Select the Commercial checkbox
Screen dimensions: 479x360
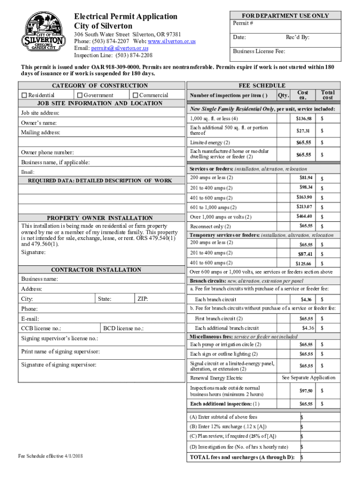click(x=136, y=95)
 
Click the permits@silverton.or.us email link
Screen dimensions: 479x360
click(x=120, y=48)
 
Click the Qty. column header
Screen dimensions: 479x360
click(x=282, y=95)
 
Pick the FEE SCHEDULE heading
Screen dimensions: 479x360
click(x=262, y=86)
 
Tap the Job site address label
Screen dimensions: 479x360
click(x=40, y=113)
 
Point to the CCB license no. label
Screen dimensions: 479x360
click(x=41, y=329)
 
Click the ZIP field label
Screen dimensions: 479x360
click(x=143, y=298)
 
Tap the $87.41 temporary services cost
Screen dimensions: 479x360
click(x=305, y=254)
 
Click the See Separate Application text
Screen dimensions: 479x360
click(x=309, y=377)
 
